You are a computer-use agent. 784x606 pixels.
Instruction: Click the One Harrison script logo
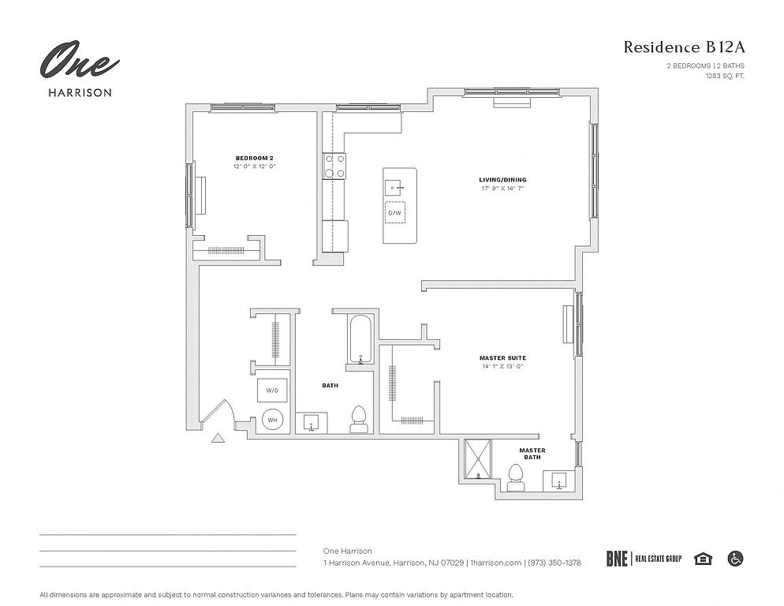click(x=79, y=60)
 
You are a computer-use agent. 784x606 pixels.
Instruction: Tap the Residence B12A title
click(x=684, y=47)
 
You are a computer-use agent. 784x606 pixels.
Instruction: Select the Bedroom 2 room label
click(x=255, y=158)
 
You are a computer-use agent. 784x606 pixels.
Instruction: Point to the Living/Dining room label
click(x=502, y=180)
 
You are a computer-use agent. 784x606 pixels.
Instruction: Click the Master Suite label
click(x=502, y=357)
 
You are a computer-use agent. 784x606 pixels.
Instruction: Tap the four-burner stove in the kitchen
click(x=334, y=166)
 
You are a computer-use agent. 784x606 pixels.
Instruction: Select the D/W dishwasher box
click(x=395, y=213)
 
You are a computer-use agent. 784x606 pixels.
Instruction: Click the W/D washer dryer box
click(x=272, y=391)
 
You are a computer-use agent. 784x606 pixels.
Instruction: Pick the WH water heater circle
click(x=272, y=420)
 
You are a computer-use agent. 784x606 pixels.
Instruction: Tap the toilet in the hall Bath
click(x=359, y=419)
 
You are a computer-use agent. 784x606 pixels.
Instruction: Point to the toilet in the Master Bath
click(x=516, y=477)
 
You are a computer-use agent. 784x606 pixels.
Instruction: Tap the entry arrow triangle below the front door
click(x=218, y=438)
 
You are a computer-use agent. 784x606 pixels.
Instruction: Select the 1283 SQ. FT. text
click(x=725, y=76)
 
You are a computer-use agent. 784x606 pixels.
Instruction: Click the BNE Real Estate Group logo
click(x=644, y=559)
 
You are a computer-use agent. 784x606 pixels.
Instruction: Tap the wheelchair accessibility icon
click(x=736, y=559)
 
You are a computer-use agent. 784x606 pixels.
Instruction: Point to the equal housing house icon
click(x=703, y=559)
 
